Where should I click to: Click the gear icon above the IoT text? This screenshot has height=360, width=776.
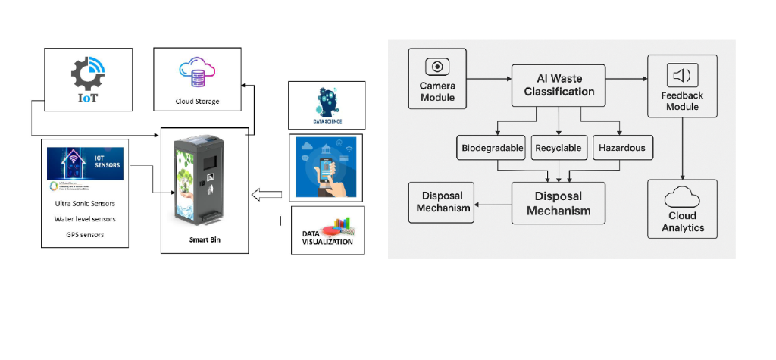(x=86, y=74)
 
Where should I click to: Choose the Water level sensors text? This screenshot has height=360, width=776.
(x=85, y=219)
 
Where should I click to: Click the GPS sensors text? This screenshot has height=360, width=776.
(x=85, y=234)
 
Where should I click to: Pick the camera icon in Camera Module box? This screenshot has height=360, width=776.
(x=437, y=66)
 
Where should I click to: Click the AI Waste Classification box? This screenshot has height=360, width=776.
(x=558, y=85)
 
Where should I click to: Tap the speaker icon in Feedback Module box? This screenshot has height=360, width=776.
(x=682, y=75)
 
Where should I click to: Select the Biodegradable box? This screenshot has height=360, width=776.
(x=493, y=148)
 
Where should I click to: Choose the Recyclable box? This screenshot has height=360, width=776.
(x=558, y=148)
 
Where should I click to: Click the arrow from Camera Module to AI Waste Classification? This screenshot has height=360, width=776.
(x=488, y=77)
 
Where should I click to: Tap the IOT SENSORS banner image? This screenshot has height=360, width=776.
(x=85, y=164)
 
